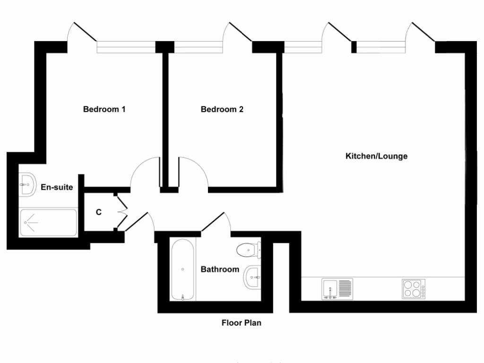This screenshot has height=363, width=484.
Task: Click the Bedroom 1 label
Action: click(x=104, y=110)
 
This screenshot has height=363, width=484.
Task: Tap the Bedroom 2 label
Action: click(x=222, y=110)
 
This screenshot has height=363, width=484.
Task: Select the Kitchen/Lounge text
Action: click(x=376, y=156)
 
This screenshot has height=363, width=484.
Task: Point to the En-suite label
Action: click(x=57, y=188)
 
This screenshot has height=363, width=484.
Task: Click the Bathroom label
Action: click(x=220, y=269)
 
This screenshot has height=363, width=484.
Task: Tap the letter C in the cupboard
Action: click(x=99, y=212)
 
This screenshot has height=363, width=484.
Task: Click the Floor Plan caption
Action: click(x=241, y=323)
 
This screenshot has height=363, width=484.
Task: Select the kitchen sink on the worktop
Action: click(x=337, y=289)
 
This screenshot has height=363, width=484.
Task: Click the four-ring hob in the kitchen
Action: click(x=413, y=289)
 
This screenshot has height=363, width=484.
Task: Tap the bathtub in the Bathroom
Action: click(x=183, y=269)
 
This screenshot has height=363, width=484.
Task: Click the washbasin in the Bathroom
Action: click(x=251, y=277)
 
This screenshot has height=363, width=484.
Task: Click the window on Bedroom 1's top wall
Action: click(x=126, y=47)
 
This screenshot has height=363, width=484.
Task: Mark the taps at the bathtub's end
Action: click(x=183, y=297)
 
